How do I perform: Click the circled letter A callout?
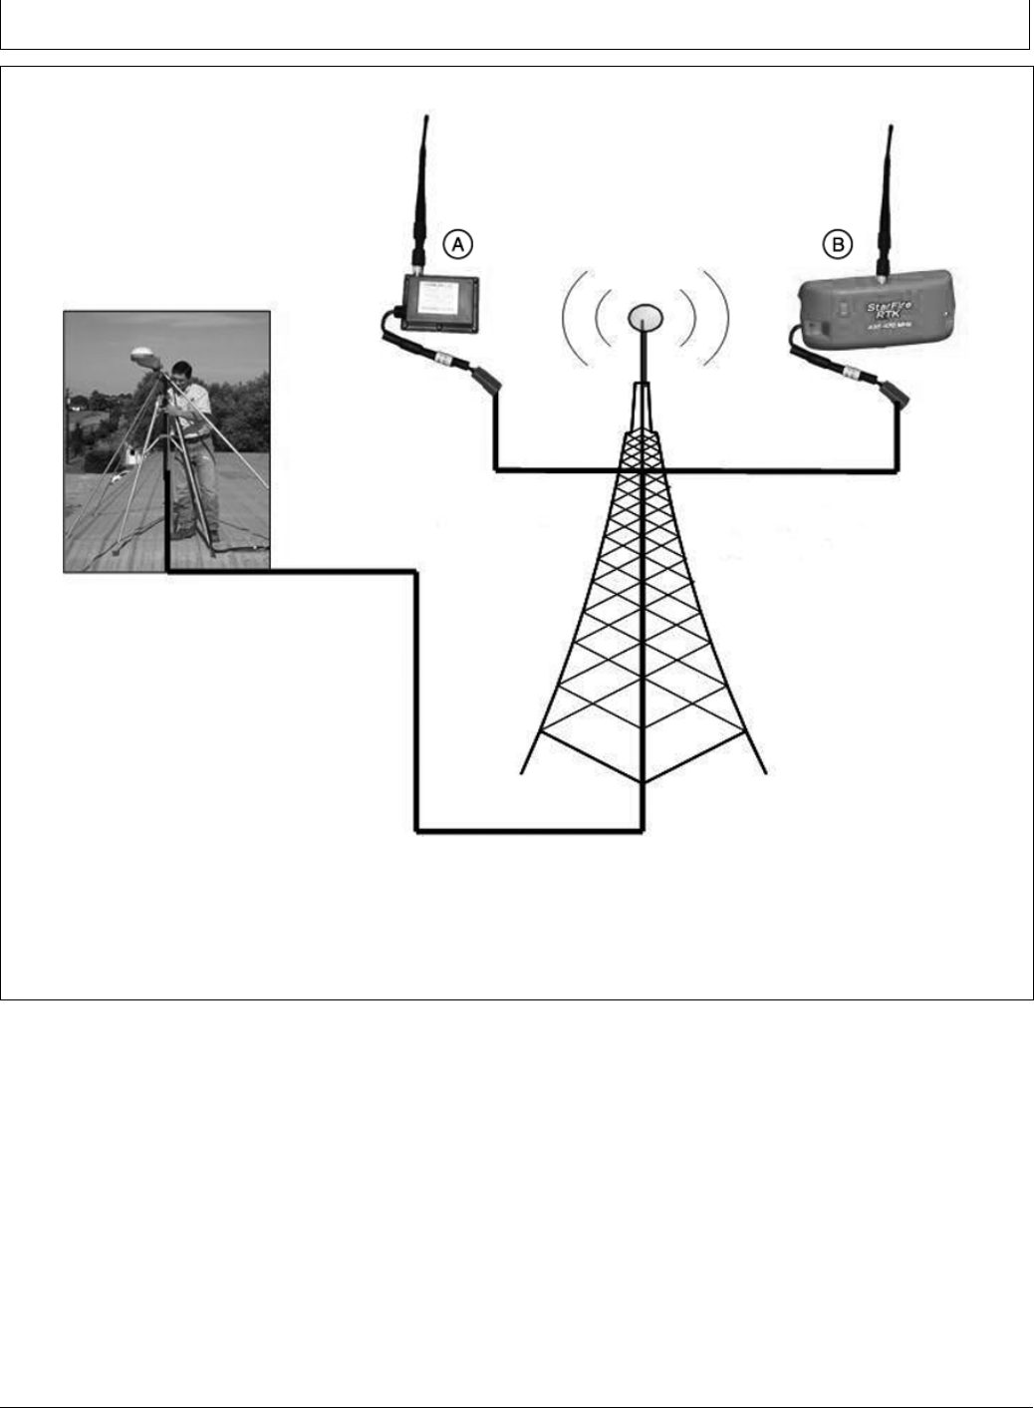457,242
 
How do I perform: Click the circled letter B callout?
837,242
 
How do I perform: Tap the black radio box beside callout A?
438,305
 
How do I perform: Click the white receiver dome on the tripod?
141,356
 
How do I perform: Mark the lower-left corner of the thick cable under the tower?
416,829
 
